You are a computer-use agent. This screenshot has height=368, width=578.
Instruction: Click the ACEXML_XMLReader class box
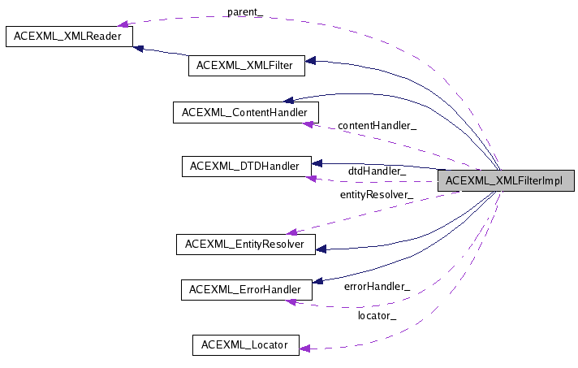[69, 37]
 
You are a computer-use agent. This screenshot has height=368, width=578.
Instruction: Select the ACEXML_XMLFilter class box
[246, 66]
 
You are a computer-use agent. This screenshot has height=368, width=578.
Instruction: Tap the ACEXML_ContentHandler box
[245, 112]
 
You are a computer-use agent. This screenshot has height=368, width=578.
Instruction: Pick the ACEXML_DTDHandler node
[245, 167]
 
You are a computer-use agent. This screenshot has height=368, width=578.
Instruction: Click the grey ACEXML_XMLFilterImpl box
[506, 181]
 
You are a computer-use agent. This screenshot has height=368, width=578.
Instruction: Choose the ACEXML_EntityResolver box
[245, 244]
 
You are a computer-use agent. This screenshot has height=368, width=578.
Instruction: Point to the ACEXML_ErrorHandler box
[245, 289]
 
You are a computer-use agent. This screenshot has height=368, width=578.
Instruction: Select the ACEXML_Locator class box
[245, 344]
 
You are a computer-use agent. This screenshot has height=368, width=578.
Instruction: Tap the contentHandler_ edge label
[377, 126]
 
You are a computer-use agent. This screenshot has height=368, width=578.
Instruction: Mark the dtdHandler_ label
[377, 171]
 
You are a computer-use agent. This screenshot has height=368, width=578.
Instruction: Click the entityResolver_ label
[376, 195]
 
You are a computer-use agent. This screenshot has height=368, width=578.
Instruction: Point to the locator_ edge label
[377, 315]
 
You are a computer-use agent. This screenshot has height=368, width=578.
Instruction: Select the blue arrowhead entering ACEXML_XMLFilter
[310, 61]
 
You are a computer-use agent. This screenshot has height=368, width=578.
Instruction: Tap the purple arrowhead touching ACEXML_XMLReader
[124, 24]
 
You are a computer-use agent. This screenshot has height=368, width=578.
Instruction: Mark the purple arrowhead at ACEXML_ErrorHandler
[291, 301]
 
